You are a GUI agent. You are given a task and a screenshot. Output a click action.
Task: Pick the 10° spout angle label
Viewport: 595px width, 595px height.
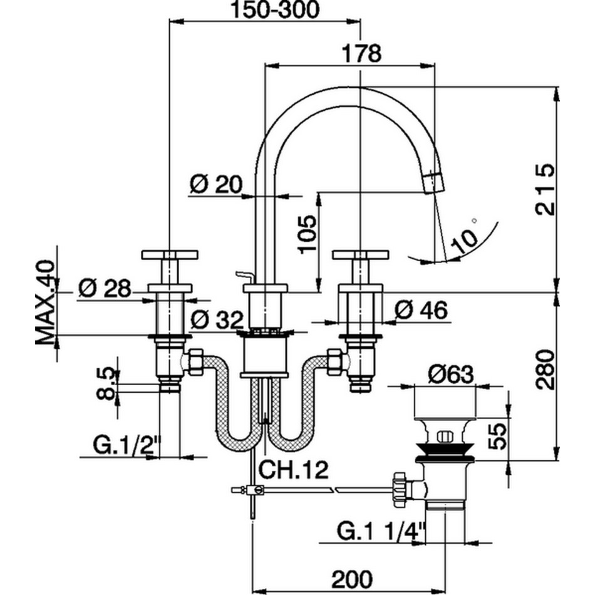point(464,237)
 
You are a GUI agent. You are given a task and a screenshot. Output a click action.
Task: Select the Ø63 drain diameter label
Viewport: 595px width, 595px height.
point(451,375)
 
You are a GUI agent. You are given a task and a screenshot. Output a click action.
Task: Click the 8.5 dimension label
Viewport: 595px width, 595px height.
point(107,384)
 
